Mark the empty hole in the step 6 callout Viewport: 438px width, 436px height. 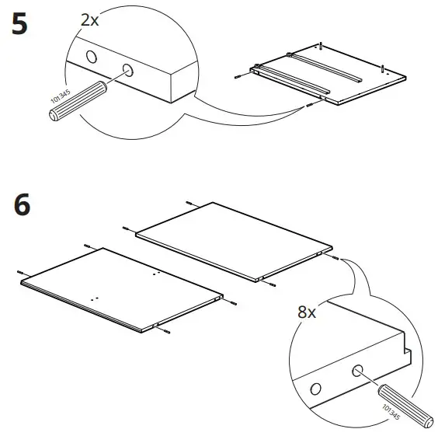pyautogui.click(x=316, y=388)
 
